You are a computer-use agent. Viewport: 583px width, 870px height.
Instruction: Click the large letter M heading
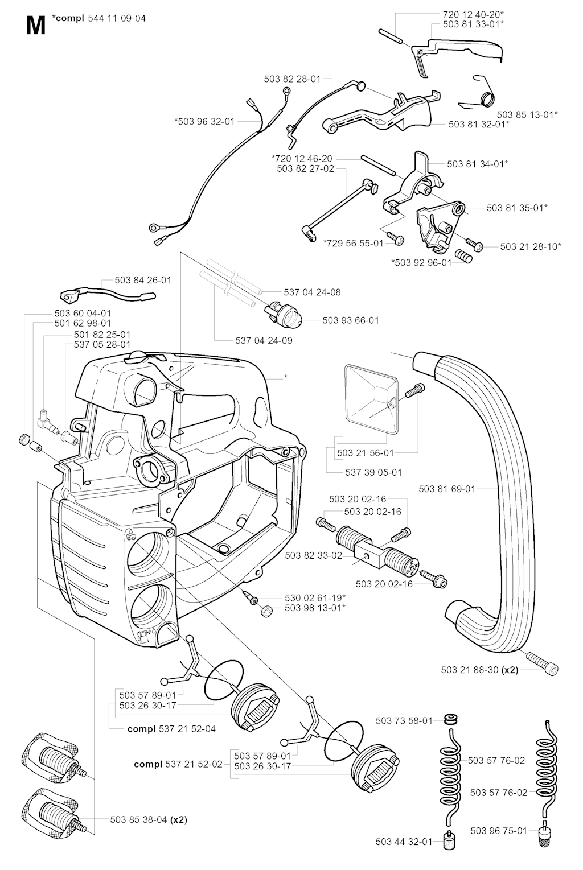pyautogui.click(x=35, y=26)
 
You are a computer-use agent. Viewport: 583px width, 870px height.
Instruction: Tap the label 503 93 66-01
pyautogui.click(x=350, y=320)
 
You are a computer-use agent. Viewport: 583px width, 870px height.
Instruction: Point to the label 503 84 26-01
pyautogui.click(x=142, y=280)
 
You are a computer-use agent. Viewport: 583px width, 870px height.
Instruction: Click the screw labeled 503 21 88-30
pyautogui.click(x=543, y=664)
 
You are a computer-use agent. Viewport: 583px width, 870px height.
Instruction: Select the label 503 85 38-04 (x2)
pyautogui.click(x=149, y=819)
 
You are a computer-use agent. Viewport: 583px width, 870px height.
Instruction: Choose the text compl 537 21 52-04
pyautogui.click(x=171, y=728)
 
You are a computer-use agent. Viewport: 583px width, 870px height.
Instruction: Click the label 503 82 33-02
pyautogui.click(x=313, y=555)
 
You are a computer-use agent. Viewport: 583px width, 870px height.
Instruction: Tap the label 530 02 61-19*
pyautogui.click(x=315, y=597)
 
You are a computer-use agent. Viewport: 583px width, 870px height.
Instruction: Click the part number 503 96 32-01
pyautogui.click(x=204, y=121)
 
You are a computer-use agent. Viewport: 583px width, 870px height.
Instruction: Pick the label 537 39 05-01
pyautogui.click(x=373, y=472)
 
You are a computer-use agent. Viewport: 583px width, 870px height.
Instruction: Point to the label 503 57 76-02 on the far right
pyautogui.click(x=499, y=792)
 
